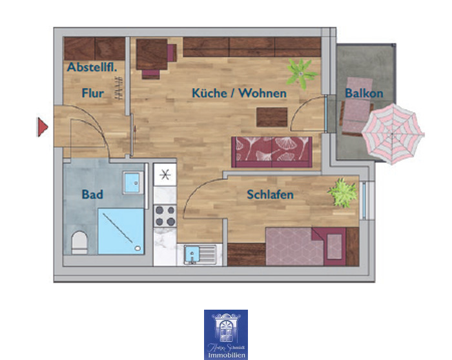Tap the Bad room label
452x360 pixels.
pos(92,194)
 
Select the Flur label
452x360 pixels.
pos(92,94)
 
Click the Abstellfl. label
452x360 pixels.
pos(92,68)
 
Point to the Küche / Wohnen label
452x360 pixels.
pos(239,94)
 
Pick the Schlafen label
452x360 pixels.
pos(270,194)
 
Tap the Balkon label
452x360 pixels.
pos(364,94)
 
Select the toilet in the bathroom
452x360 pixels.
pos(79,241)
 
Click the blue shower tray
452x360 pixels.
pos(120,230)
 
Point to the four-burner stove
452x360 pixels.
pos(165,215)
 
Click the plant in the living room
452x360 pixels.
pos(301,72)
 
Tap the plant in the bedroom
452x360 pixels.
pos(343,192)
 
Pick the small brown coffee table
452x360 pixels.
pos(272,117)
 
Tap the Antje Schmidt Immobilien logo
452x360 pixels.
pos(226,334)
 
